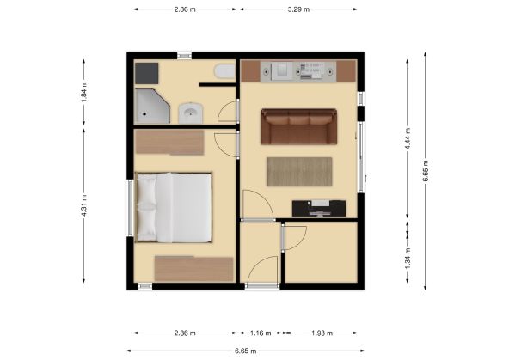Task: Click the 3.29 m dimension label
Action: (x=298, y=9)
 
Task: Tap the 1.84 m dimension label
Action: (x=84, y=91)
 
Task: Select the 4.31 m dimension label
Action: (x=84, y=206)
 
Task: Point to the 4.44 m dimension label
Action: (x=408, y=138)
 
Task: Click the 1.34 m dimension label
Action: (x=408, y=258)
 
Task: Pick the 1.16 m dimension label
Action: (x=261, y=333)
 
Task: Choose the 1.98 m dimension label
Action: (x=322, y=333)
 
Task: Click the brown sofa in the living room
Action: (x=298, y=126)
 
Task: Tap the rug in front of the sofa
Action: (x=299, y=172)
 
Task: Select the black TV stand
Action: (x=319, y=208)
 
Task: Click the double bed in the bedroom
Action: (x=174, y=208)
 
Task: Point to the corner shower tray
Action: (x=152, y=107)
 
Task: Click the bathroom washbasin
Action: (x=191, y=113)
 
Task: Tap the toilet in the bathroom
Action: (x=224, y=71)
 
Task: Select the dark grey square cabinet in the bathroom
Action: (x=147, y=74)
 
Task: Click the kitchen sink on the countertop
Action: (x=282, y=71)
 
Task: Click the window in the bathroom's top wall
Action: (x=184, y=56)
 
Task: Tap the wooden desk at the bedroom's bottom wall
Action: (x=193, y=269)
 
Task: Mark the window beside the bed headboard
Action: (x=130, y=208)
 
